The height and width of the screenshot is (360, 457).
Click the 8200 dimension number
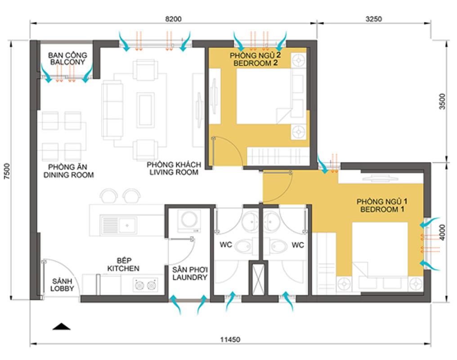pos(173,19)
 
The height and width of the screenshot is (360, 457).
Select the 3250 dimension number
pos(374,19)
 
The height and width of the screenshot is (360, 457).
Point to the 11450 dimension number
pos(230,340)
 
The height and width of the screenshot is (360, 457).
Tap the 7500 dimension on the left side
pos(7,171)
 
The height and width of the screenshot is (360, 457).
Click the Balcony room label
pos(67,58)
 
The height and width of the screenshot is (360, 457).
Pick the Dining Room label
pos(68,171)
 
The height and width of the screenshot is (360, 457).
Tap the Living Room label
pos(174,168)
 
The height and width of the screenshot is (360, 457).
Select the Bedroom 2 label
pos(255,59)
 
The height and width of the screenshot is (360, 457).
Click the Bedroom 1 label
pos(382,206)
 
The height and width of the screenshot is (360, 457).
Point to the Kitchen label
pos(123,265)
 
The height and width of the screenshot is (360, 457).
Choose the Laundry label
pos(190,274)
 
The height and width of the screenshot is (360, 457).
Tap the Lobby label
pos(62,285)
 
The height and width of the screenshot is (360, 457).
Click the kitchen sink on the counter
pos(119,225)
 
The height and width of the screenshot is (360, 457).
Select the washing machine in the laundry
pos(189,220)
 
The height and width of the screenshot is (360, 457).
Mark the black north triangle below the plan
pos(62,327)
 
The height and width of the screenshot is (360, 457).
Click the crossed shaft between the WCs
pos(258,279)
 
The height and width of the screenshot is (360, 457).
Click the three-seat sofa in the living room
pos(112,110)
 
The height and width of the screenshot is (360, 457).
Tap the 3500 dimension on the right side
pos(443,101)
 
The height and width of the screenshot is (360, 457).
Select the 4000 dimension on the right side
pos(443,232)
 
